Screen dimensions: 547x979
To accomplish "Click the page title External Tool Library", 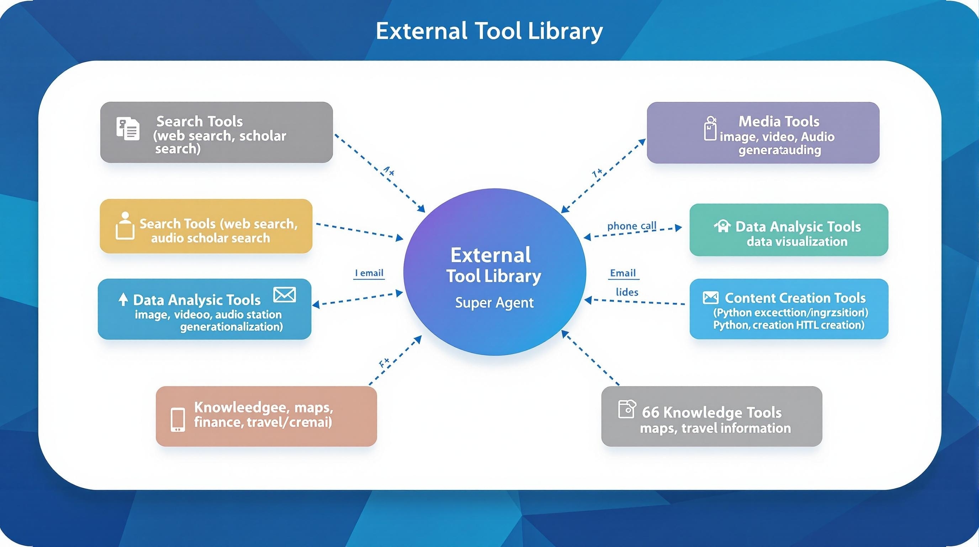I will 489,31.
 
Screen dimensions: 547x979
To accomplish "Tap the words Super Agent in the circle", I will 494,303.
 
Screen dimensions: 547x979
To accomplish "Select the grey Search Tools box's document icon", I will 128,129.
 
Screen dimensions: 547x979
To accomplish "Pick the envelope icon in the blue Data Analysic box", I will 284,295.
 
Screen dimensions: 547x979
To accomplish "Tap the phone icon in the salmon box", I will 178,420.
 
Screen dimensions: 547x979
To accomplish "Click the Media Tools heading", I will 779,121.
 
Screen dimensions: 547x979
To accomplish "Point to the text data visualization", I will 797,241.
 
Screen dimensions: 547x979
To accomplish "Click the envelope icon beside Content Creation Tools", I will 710,297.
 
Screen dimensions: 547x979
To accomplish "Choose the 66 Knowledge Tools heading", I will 711,412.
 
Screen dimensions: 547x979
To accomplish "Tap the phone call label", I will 632,226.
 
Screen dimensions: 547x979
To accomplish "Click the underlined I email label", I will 369,273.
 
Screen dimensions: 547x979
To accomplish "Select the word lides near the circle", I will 627,292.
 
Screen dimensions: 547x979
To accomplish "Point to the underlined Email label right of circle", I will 623,273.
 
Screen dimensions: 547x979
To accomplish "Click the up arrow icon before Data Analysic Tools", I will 123,300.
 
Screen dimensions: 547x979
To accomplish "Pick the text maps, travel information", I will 715,428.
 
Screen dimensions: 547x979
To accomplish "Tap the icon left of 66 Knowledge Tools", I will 627,409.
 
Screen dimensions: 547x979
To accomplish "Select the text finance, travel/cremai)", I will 263,422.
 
